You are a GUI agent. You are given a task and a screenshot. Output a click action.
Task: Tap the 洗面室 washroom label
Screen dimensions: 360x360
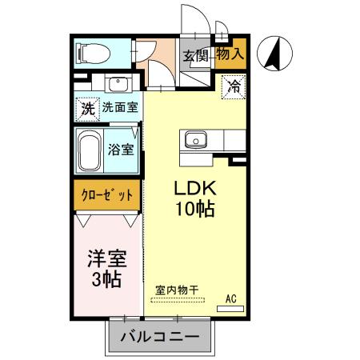[x=119, y=108]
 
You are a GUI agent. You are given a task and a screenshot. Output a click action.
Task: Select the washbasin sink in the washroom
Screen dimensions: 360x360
[x=118, y=84]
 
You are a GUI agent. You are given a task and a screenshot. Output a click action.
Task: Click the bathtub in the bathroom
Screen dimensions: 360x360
[x=90, y=150]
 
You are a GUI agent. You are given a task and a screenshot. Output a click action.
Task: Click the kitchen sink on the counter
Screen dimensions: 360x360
[x=196, y=140]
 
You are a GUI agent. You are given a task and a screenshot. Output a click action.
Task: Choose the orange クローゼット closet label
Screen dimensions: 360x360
[x=107, y=194]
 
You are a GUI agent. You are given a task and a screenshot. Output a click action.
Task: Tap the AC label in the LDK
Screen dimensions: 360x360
[x=232, y=298]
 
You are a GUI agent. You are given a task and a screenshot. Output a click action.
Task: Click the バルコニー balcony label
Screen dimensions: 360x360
[x=160, y=337]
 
